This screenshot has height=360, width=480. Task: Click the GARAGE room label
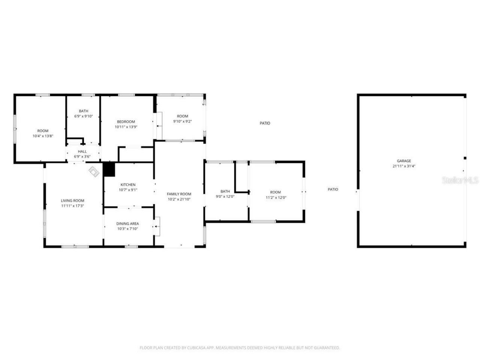click(x=404, y=161)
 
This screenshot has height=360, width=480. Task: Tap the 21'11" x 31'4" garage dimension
click(x=404, y=166)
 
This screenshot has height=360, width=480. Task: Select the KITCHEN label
click(x=128, y=184)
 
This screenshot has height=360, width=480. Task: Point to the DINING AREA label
click(x=127, y=223)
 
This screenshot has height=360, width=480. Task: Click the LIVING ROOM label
click(x=73, y=201)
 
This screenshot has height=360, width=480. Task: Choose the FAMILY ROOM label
click(x=179, y=194)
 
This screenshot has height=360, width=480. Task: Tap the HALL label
click(x=82, y=151)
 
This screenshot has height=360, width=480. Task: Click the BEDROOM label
click(x=126, y=121)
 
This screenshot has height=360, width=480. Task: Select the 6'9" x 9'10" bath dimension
click(x=83, y=116)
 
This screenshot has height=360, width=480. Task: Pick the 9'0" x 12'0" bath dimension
click(x=225, y=196)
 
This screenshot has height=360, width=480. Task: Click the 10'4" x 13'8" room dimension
click(x=43, y=136)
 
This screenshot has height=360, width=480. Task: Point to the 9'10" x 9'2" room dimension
click(x=183, y=121)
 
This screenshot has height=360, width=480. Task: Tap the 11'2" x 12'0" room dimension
click(x=276, y=198)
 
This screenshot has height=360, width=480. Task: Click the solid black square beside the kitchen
click(x=109, y=169)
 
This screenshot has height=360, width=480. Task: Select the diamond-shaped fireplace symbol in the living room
click(x=94, y=171)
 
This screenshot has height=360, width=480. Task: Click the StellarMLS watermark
click(x=460, y=180)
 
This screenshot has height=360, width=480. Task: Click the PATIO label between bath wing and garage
click(x=333, y=189)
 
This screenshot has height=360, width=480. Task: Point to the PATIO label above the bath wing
click(x=265, y=123)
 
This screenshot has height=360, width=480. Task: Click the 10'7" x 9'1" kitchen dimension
click(x=128, y=190)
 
